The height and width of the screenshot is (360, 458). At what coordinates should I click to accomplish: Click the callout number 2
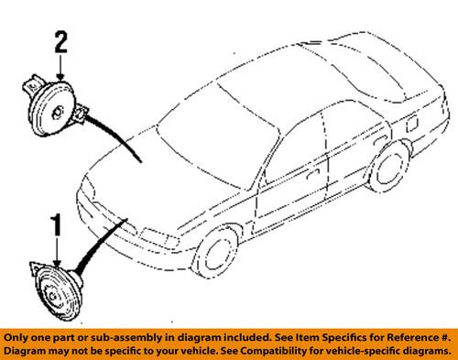tap(61, 42)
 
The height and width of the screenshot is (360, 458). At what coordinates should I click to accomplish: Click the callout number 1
tap(57, 225)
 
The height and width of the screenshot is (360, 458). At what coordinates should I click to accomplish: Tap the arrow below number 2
tap(61, 67)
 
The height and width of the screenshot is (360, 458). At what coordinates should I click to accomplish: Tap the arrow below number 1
tap(57, 253)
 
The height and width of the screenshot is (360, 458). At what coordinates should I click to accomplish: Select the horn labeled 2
tap(55, 107)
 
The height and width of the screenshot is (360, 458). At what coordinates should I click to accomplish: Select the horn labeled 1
tap(57, 290)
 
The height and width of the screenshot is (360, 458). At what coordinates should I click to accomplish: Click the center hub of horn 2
tap(58, 112)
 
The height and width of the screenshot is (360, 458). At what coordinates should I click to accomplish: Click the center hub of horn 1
tap(52, 296)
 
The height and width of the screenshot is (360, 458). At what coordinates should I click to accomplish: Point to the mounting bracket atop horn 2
tap(32, 85)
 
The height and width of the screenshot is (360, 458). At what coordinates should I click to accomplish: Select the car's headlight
tap(158, 236)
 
